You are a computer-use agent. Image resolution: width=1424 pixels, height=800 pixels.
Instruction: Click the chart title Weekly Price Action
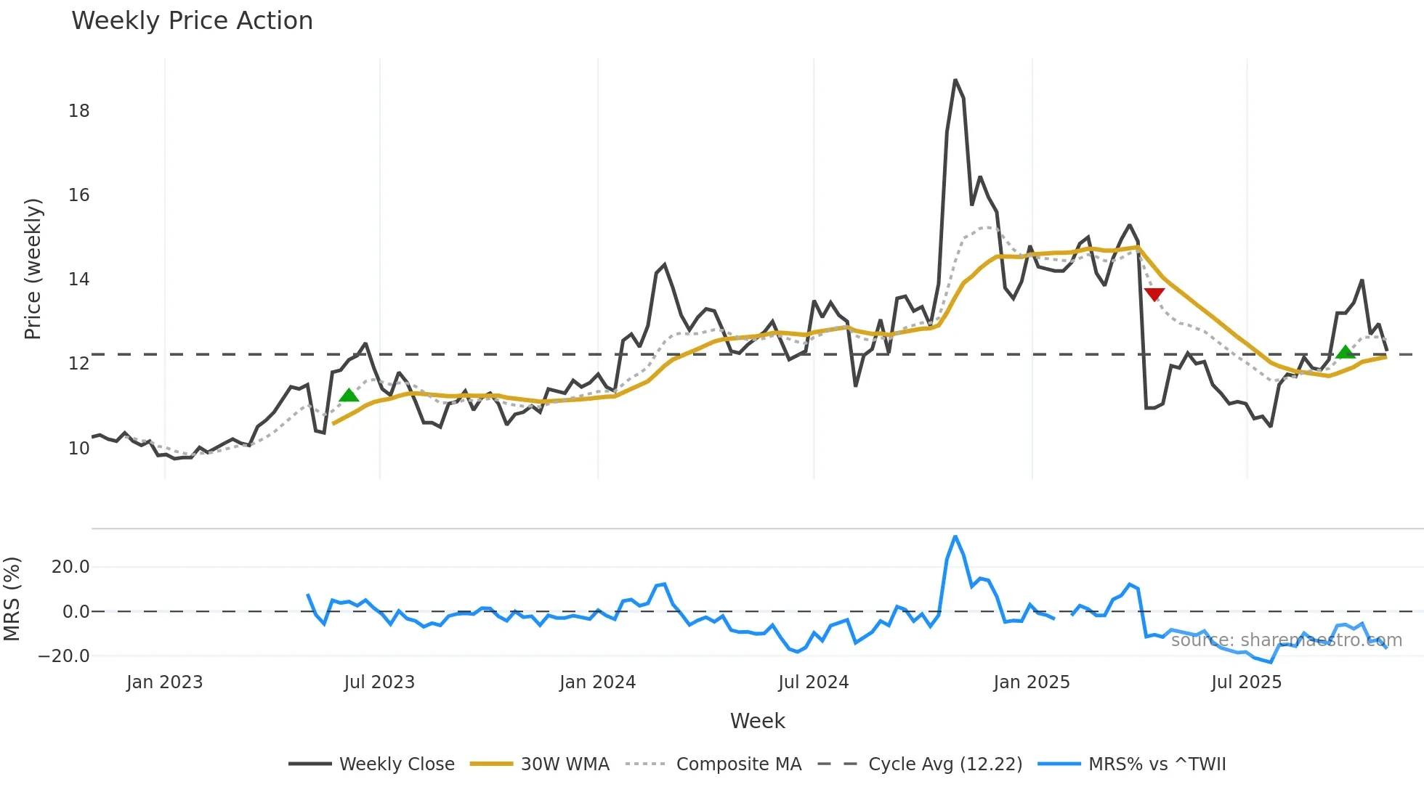pyautogui.click(x=192, y=21)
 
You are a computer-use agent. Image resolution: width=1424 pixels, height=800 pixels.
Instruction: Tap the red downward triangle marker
pyautogui.click(x=1154, y=293)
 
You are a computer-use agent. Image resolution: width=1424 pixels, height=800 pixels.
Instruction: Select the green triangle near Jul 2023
pyautogui.click(x=349, y=396)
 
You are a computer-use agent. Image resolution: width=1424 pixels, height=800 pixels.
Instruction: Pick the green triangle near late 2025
pyautogui.click(x=1346, y=353)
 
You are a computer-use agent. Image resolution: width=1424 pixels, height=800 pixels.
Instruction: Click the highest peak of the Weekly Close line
pyautogui.click(x=955, y=81)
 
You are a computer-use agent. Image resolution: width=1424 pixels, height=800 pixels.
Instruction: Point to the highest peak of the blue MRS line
pyautogui.click(x=955, y=537)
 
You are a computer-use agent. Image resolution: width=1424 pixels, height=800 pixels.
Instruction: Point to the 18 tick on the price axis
pyautogui.click(x=78, y=111)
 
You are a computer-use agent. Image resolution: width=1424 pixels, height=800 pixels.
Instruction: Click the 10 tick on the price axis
pyautogui.click(x=78, y=449)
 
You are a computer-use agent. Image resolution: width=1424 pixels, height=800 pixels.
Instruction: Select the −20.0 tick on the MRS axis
pyautogui.click(x=64, y=656)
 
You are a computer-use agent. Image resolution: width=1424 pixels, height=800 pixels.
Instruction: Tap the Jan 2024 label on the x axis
pyautogui.click(x=597, y=682)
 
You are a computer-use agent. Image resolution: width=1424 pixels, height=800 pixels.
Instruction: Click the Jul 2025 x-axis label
pyautogui.click(x=1246, y=682)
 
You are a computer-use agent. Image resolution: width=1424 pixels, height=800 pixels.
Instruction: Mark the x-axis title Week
pyautogui.click(x=757, y=721)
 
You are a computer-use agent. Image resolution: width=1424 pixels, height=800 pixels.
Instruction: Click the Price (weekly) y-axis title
pyautogui.click(x=33, y=269)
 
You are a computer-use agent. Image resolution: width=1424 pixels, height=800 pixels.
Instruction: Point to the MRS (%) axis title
pyautogui.click(x=12, y=599)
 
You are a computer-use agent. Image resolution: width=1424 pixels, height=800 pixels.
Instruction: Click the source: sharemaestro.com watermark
pyautogui.click(x=1286, y=640)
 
